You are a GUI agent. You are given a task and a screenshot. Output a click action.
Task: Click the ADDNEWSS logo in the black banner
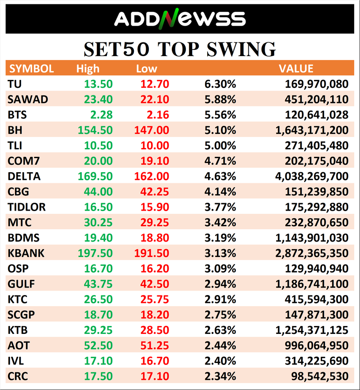click(179, 19)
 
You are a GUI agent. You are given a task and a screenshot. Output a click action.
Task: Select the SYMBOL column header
click(31, 68)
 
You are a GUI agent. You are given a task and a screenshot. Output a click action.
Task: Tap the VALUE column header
click(296, 68)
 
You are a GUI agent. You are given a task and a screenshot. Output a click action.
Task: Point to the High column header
click(87, 68)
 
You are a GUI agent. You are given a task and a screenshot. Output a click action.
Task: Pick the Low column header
click(146, 68)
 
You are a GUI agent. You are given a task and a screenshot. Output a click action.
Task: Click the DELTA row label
click(24, 177)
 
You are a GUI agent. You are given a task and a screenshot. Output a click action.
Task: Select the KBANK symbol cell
click(26, 254)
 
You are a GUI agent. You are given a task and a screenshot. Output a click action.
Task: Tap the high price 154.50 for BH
click(95, 130)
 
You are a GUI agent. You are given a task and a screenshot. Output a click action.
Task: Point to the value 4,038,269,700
click(311, 177)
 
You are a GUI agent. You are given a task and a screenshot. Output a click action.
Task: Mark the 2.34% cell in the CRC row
click(220, 377)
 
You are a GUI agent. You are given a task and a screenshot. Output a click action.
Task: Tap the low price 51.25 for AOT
click(154, 346)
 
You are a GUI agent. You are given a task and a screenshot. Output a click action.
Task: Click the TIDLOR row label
click(27, 207)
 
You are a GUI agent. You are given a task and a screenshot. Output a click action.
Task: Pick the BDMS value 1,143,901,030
click(311, 238)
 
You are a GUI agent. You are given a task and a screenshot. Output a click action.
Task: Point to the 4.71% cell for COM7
click(220, 161)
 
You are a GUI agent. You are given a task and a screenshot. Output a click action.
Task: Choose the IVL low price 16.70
click(154, 361)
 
